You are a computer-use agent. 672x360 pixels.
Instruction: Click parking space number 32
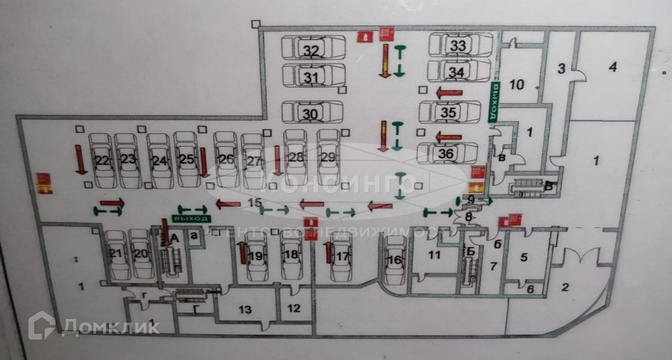[312, 51]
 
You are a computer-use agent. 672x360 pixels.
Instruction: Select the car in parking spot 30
[311, 114]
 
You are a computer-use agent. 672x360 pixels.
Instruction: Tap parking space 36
[446, 154]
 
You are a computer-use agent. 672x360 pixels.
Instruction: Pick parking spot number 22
[103, 161]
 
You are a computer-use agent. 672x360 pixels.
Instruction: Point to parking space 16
[395, 260]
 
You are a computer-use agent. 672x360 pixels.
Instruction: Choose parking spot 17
[343, 255]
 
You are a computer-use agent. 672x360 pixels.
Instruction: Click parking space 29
[328, 157]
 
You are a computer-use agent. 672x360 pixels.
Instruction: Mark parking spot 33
[458, 45]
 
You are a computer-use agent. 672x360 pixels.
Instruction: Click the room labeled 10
[516, 85]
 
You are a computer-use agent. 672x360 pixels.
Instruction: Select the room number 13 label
[245, 310]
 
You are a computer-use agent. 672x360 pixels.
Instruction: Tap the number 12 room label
[294, 308]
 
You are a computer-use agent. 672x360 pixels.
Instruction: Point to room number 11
[434, 254]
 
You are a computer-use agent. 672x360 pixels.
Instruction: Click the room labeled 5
[524, 257]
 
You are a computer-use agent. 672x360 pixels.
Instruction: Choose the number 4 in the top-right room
[612, 67]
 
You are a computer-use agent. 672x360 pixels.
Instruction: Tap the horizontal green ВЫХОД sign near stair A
[192, 219]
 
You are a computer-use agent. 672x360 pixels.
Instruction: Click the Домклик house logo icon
[41, 325]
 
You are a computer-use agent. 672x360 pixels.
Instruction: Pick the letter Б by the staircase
[470, 251]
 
